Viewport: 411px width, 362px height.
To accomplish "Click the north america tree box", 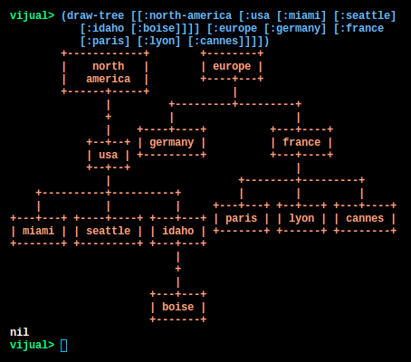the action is [x=105, y=72].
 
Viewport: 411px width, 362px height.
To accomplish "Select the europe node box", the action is [x=232, y=66].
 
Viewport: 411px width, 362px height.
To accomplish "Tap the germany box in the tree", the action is [x=172, y=142].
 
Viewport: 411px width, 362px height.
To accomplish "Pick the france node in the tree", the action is [x=301, y=142].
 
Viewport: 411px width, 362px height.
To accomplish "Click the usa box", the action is [x=109, y=155].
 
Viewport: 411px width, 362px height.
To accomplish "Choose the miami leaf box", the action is [x=39, y=231].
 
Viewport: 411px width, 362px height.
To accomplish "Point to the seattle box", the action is [x=109, y=231].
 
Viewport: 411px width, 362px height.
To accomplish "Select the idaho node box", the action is [x=178, y=231].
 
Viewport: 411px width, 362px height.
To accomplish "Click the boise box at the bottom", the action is [x=178, y=307].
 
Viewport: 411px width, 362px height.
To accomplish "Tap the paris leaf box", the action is [x=242, y=218].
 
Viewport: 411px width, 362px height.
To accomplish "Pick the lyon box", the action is [x=301, y=218].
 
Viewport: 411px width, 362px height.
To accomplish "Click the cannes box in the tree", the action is [x=365, y=218].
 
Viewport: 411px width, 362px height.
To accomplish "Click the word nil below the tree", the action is [x=19, y=332].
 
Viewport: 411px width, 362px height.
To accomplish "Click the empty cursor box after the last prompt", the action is [x=64, y=346].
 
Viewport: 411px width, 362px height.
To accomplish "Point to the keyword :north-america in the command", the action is [x=187, y=15].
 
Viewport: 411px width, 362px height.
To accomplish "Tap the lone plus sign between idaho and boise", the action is [x=178, y=269].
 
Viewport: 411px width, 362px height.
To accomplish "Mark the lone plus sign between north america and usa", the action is [x=109, y=117].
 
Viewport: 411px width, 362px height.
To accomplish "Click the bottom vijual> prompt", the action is [x=33, y=345].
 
